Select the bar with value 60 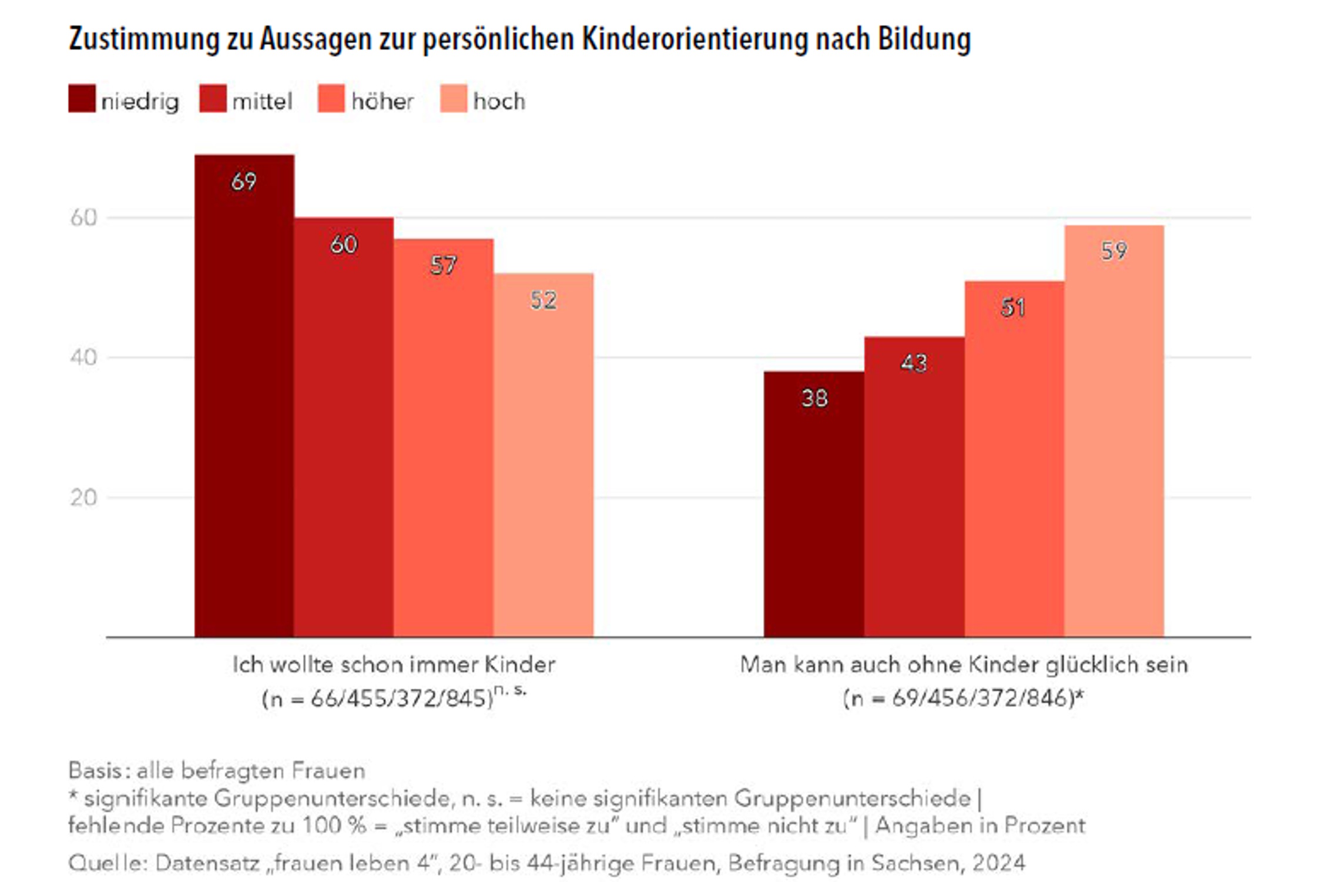(344, 427)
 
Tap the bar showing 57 (444, 437)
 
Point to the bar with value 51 (1014, 459)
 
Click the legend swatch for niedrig (82, 99)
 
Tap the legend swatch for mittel (213, 99)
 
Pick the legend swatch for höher (331, 99)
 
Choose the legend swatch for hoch (454, 99)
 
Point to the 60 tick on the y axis (83, 218)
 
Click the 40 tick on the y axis (83, 358)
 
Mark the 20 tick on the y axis (83, 498)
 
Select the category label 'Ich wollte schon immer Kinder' (394, 664)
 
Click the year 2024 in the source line (998, 863)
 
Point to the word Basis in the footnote (96, 770)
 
